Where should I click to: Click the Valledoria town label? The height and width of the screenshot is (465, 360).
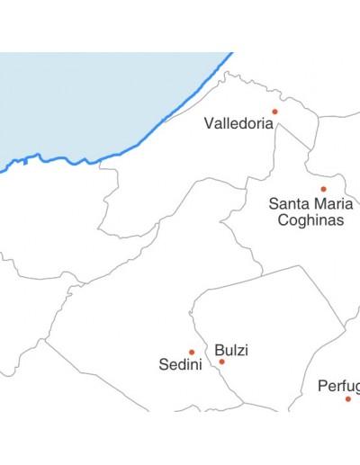pyautogui.click(x=238, y=124)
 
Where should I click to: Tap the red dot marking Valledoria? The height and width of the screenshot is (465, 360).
pyautogui.click(x=275, y=112)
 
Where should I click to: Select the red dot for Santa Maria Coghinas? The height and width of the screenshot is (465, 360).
pyautogui.click(x=323, y=189)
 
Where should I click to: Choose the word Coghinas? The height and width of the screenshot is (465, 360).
pyautogui.click(x=310, y=220)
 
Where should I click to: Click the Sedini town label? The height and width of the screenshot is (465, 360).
pyautogui.click(x=179, y=365)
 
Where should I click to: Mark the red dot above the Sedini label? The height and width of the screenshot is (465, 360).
pyautogui.click(x=192, y=352)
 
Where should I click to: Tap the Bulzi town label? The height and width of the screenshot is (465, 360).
pyautogui.click(x=231, y=350)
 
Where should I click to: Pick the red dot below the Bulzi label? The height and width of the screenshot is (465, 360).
pyautogui.click(x=222, y=362)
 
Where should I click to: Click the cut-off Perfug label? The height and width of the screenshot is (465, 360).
pyautogui.click(x=338, y=387)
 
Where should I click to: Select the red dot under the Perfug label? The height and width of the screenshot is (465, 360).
pyautogui.click(x=347, y=398)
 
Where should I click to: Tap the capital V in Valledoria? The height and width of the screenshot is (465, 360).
pyautogui.click(x=209, y=124)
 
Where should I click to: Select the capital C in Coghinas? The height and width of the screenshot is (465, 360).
pyautogui.click(x=283, y=220)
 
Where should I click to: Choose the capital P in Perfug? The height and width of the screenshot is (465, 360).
pyautogui.click(x=322, y=387)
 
